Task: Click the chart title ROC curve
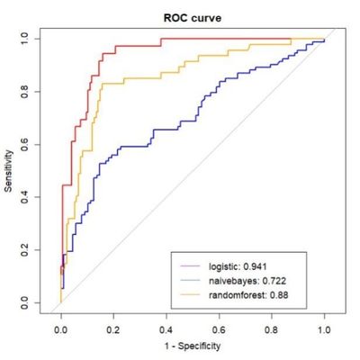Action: click(x=192, y=15)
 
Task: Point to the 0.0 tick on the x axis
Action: click(x=60, y=330)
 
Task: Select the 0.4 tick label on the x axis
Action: click(x=166, y=330)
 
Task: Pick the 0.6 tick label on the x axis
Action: click(x=219, y=330)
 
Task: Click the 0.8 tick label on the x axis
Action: click(x=271, y=330)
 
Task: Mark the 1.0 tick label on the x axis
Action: click(x=323, y=330)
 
